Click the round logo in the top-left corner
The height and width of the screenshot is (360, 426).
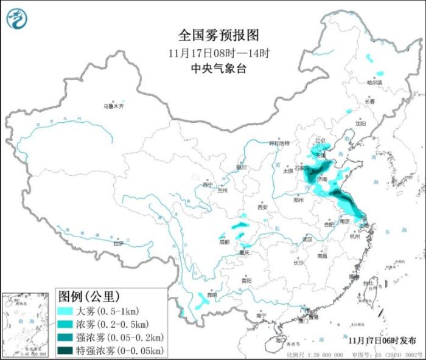(x=17, y=19)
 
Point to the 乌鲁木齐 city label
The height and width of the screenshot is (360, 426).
(x=113, y=106)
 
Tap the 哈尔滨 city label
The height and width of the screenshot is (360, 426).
(x=375, y=82)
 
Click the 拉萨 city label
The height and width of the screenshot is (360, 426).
(x=118, y=243)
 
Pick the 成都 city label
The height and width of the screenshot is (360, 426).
(x=225, y=242)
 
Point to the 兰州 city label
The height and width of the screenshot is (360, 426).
(x=222, y=190)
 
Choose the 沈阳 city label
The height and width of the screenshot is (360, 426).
(x=361, y=123)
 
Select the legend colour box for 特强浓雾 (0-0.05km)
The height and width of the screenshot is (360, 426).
(x=65, y=351)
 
